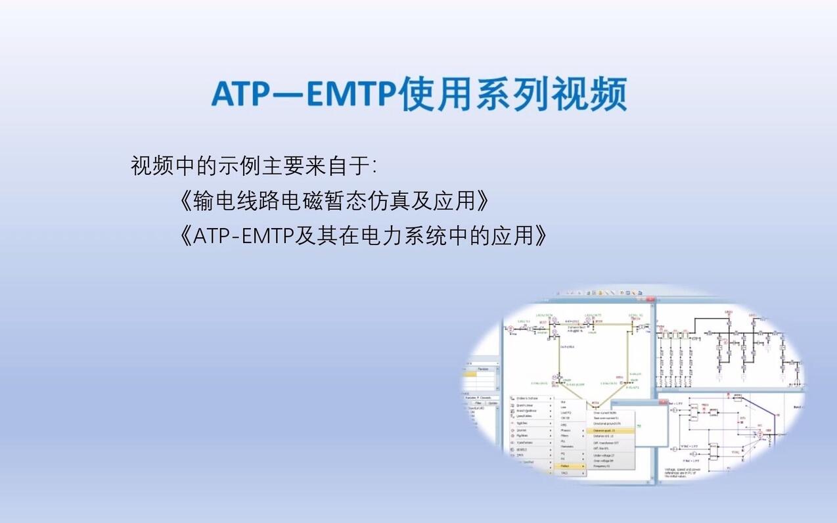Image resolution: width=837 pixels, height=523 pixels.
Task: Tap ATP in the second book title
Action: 210,235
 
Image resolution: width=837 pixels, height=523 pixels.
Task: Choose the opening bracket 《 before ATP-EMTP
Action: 185,235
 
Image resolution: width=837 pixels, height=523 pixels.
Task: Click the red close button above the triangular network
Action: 651,300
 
